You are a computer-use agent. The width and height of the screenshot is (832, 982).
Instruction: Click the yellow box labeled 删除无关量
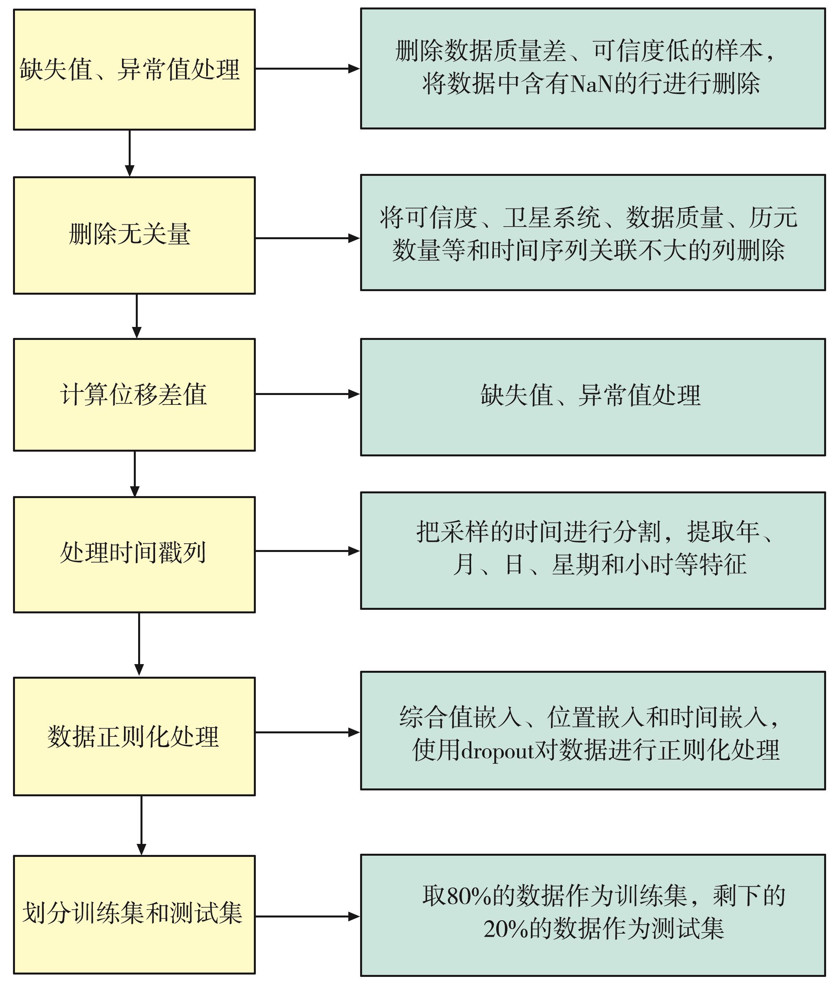[134, 235]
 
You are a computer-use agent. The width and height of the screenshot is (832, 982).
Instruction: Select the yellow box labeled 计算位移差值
[134, 395]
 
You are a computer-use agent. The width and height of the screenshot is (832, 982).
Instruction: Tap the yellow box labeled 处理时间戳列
[134, 554]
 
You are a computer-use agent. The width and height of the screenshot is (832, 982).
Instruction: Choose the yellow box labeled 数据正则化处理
[134, 737]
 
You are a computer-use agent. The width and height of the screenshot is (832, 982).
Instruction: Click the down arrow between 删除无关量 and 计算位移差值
[137, 316]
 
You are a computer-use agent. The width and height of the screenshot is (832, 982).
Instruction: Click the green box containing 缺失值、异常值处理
[593, 397]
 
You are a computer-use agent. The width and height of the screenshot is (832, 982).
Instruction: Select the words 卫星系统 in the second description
[552, 218]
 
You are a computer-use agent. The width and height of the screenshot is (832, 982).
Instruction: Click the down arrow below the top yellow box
[130, 153]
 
